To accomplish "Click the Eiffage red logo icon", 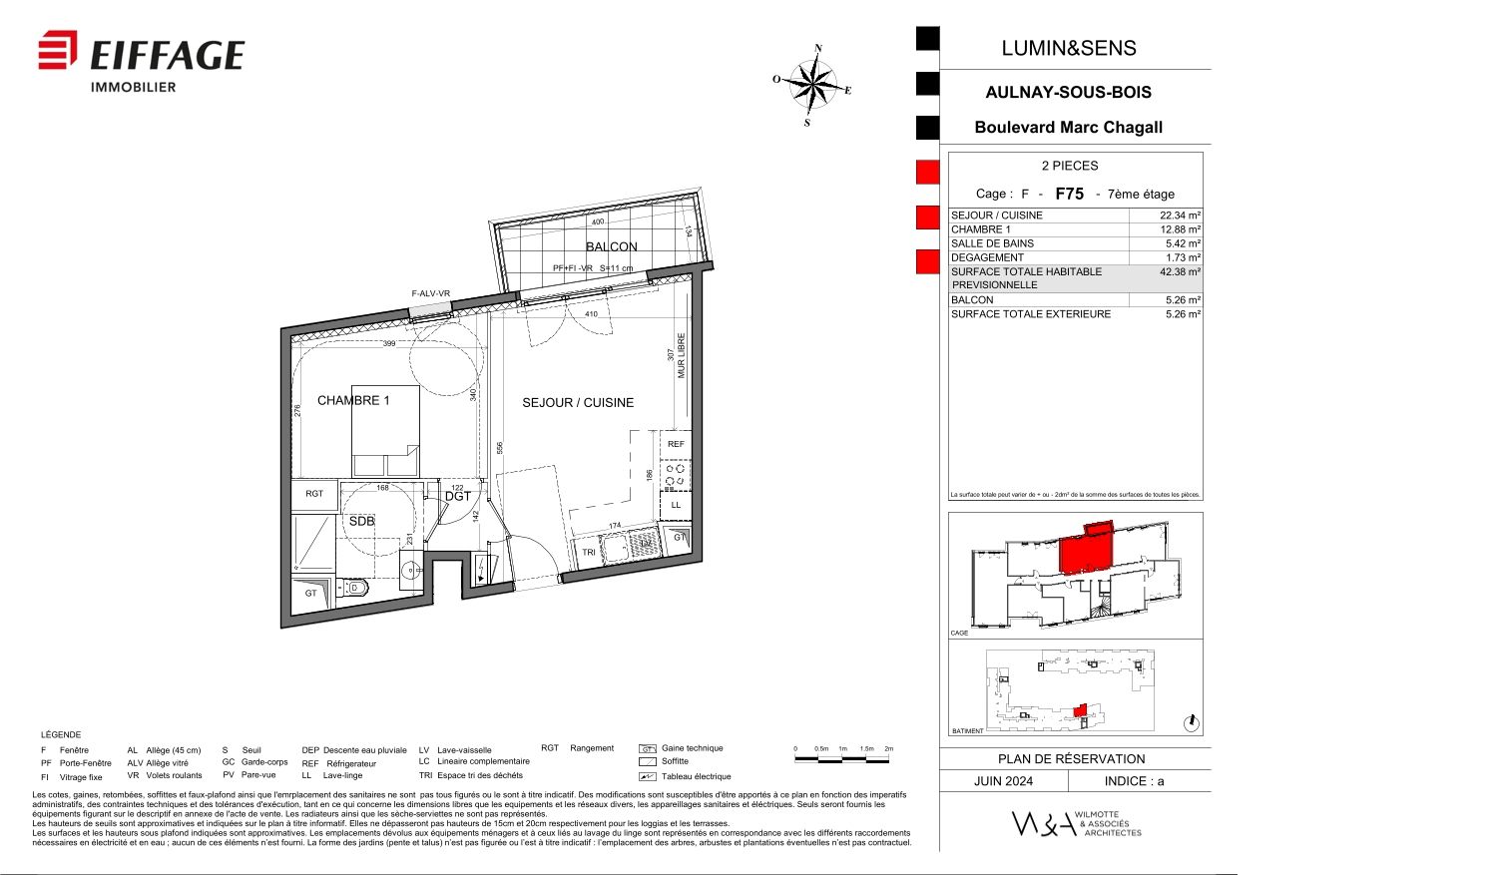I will pyautogui.click(x=58, y=51).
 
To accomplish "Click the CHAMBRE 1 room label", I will pyautogui.click(x=353, y=400).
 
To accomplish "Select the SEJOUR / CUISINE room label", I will pyautogui.click(x=578, y=402).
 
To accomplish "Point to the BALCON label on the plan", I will pyautogui.click(x=611, y=246).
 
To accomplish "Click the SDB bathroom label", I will pyautogui.click(x=361, y=521).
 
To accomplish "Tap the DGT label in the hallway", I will pyautogui.click(x=457, y=496).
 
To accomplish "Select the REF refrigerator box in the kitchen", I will pyautogui.click(x=676, y=444).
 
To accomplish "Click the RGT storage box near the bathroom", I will pyautogui.click(x=314, y=494).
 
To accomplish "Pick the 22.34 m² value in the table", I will pyautogui.click(x=1180, y=216).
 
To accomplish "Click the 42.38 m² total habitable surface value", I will pyautogui.click(x=1180, y=271).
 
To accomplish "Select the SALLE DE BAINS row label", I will pyautogui.click(x=992, y=243).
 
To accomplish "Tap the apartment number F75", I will pyautogui.click(x=1069, y=194).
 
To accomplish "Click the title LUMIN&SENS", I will pyautogui.click(x=1069, y=48).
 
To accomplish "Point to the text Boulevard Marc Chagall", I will pyautogui.click(x=1068, y=128).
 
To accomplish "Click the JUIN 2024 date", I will pyautogui.click(x=1003, y=781).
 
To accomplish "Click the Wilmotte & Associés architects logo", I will pyautogui.click(x=1076, y=823).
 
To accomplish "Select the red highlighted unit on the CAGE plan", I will pyautogui.click(x=1084, y=551).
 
